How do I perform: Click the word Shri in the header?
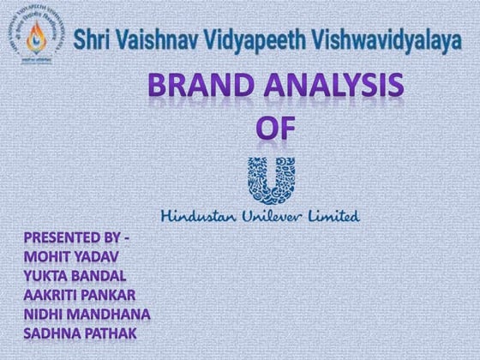tap(93, 39)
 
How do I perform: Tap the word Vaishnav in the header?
tap(159, 39)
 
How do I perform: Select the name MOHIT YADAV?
tap(73, 255)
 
